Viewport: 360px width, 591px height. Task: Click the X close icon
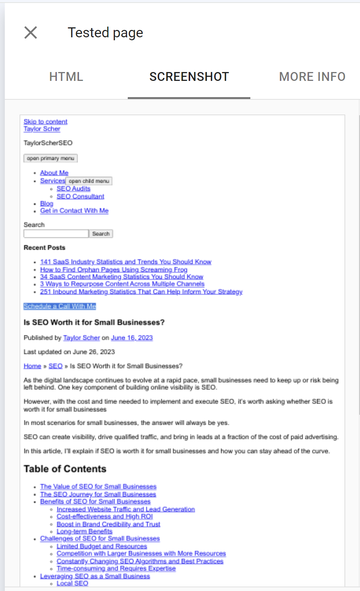31,33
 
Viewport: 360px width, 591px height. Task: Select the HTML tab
66,77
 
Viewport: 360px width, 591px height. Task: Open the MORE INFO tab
312,77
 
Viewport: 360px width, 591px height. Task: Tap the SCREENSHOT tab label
189,77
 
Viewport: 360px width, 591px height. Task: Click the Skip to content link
45,122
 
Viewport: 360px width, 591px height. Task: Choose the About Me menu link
54,173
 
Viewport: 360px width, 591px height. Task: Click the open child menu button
89,181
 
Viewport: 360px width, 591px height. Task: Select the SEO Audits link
73,189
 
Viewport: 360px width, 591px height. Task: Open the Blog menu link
47,204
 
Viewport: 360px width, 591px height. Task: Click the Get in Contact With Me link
74,211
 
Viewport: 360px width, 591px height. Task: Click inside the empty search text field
56,234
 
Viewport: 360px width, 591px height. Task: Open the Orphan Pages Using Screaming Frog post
114,270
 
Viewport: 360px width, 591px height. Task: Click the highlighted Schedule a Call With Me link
60,306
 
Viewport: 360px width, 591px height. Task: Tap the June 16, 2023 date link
132,338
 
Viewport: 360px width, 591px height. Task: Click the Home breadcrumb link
32,366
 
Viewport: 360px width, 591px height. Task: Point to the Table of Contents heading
65,469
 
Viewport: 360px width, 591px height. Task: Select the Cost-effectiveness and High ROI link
104,516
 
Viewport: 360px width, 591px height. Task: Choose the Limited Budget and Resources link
102,546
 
